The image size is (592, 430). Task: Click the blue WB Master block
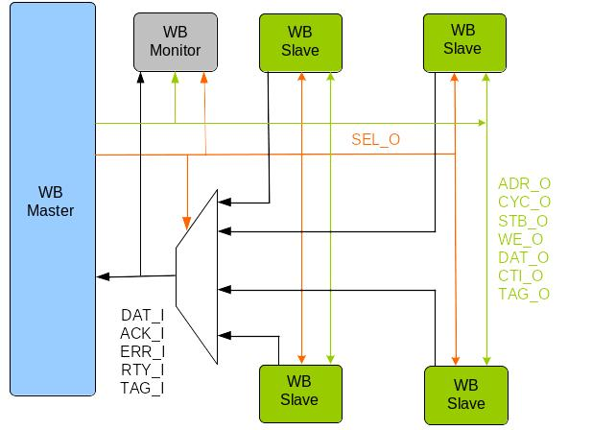tap(52, 200)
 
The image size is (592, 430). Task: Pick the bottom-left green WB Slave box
tap(298, 394)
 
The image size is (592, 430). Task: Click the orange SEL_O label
tap(375, 140)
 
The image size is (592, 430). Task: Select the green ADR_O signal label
tap(524, 184)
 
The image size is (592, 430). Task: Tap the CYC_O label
tap(524, 203)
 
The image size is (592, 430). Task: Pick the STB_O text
tap(524, 221)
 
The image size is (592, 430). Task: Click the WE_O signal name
tap(521, 239)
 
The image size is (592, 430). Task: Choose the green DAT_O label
tap(524, 257)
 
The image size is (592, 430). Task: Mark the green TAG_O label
tap(524, 294)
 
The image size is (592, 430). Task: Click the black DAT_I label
tap(143, 315)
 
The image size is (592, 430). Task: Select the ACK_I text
tap(143, 333)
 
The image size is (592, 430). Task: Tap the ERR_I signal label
tap(143, 351)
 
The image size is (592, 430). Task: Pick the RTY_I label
tap(143, 370)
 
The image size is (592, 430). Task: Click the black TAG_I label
tap(143, 388)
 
